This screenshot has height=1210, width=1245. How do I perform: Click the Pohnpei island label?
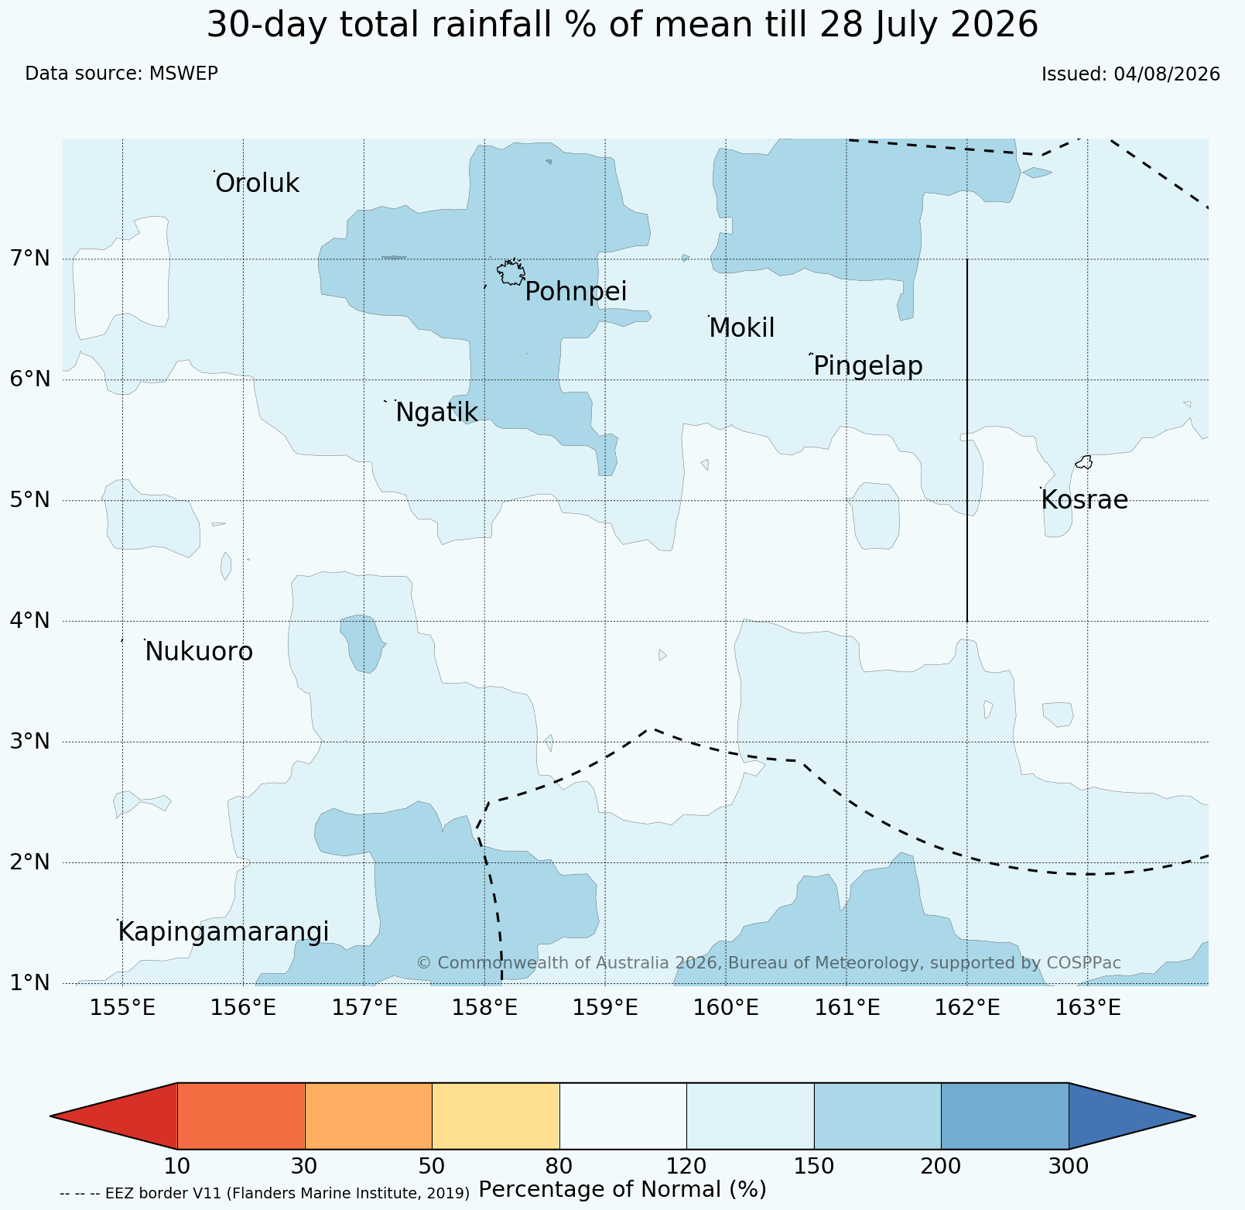point(576,292)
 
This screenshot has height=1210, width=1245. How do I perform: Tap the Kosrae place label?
point(1084,500)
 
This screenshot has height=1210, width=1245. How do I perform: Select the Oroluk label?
point(257,183)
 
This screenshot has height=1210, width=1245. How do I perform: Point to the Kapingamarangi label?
point(224,932)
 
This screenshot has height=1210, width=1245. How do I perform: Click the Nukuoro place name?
point(199,652)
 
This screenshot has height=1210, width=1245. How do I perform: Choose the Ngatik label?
point(436,413)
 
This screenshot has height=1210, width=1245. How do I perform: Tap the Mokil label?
point(741,328)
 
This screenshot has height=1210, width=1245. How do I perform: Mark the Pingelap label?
point(868,365)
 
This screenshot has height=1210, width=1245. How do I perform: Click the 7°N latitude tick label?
point(31,258)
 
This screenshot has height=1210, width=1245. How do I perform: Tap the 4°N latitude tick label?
point(31,620)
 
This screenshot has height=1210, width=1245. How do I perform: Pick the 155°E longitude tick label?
point(123,1008)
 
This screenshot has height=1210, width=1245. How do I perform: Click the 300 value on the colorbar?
point(1069,1166)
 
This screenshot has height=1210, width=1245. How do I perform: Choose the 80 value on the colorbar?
point(559,1166)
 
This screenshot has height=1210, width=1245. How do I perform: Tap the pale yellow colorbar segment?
point(496,1116)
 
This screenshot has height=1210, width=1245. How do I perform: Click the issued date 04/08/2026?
point(1167,74)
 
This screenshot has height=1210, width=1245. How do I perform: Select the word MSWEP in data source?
point(183,74)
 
